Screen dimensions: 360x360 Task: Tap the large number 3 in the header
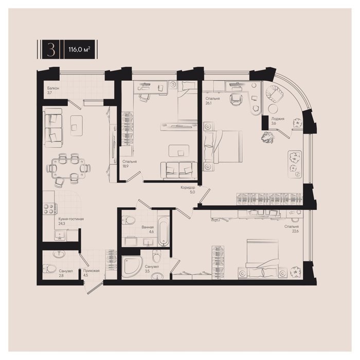click(x=51, y=49)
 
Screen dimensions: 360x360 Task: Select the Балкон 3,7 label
click(x=53, y=90)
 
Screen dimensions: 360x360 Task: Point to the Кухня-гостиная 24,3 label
click(x=71, y=221)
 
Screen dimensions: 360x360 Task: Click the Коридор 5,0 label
click(x=188, y=190)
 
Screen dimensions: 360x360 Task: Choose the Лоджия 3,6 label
click(x=278, y=121)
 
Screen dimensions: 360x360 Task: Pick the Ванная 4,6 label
click(x=148, y=229)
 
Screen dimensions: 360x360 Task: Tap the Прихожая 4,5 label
click(x=91, y=273)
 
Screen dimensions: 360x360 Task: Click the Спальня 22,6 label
click(x=292, y=229)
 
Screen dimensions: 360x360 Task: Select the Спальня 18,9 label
click(x=130, y=164)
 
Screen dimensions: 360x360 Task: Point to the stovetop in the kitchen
click(x=49, y=209)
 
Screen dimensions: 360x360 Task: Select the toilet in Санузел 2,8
click(x=49, y=268)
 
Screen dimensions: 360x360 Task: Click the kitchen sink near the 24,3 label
click(x=60, y=236)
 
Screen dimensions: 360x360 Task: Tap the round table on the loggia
click(x=273, y=109)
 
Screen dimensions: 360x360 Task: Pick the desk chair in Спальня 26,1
click(x=236, y=99)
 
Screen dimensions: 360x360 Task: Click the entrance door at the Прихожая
click(x=95, y=288)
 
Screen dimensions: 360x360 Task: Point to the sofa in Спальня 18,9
click(x=178, y=170)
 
